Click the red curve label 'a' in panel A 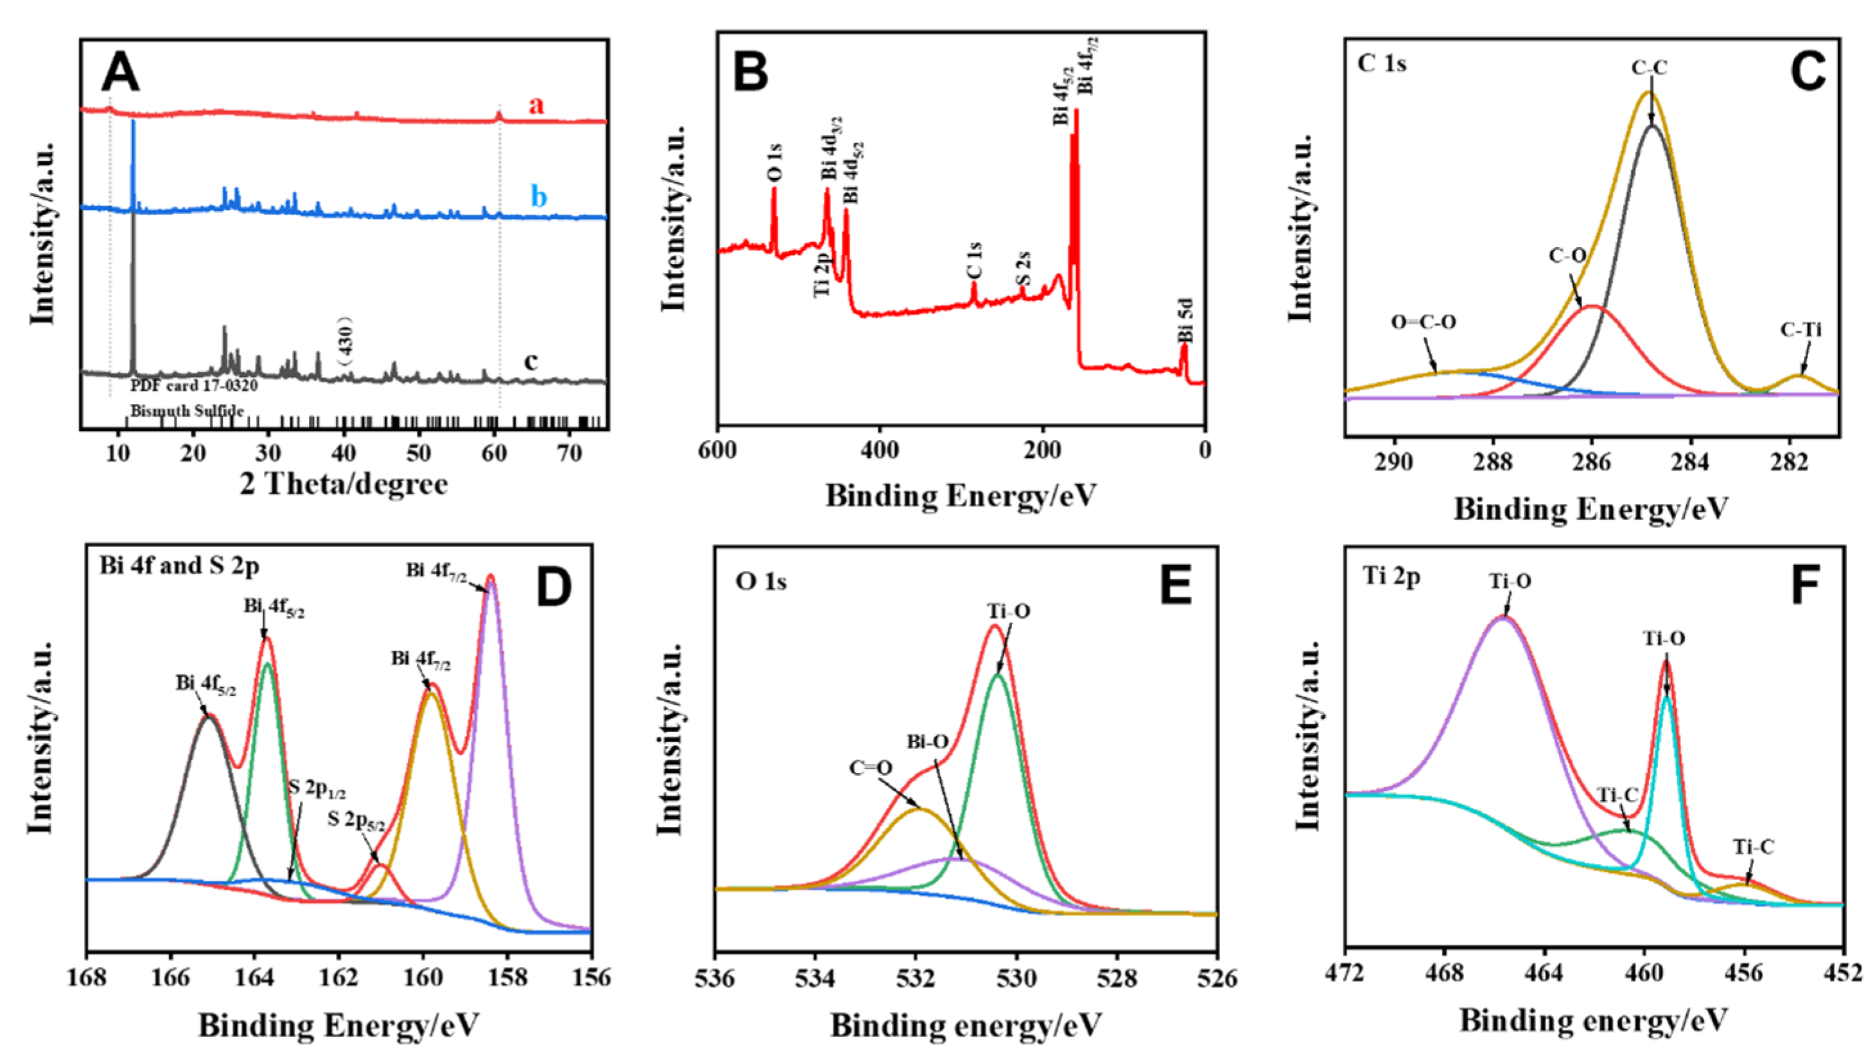pyautogui.click(x=536, y=105)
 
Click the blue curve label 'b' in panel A pyautogui.click(x=539, y=196)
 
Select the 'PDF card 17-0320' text pyautogui.click(x=195, y=385)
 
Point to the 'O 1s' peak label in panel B pyautogui.click(x=776, y=162)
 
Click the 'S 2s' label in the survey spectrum pyautogui.click(x=1024, y=270)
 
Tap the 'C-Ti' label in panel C pyautogui.click(x=1801, y=330)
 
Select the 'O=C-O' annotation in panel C pyautogui.click(x=1424, y=322)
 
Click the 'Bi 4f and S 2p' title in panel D pyautogui.click(x=179, y=566)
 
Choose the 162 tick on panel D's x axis pyautogui.click(x=338, y=977)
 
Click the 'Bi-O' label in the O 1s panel pyautogui.click(x=927, y=742)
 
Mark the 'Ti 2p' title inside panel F pyautogui.click(x=1391, y=577)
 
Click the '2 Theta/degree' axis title pyautogui.click(x=344, y=483)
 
